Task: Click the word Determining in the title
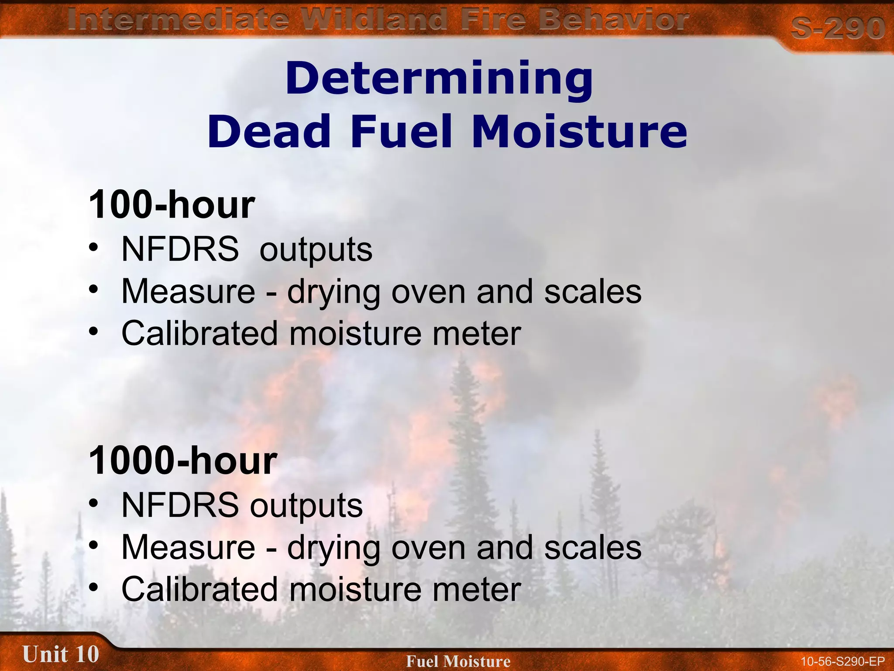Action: pyautogui.click(x=439, y=79)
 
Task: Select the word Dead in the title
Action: pyautogui.click(x=269, y=131)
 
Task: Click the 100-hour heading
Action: pyautogui.click(x=172, y=204)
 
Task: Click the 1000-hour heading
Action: pyautogui.click(x=182, y=460)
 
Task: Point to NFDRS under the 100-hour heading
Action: pyautogui.click(x=180, y=249)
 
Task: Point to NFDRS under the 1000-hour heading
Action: pyautogui.click(x=180, y=505)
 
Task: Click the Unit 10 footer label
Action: pyautogui.click(x=61, y=654)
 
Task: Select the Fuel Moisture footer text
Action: pyautogui.click(x=458, y=661)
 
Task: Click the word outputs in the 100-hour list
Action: pyautogui.click(x=316, y=250)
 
